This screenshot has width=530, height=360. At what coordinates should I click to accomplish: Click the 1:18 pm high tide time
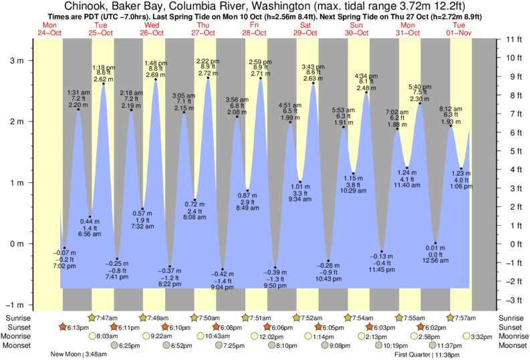103,67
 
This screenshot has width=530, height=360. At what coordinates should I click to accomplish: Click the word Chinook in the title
86,7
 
